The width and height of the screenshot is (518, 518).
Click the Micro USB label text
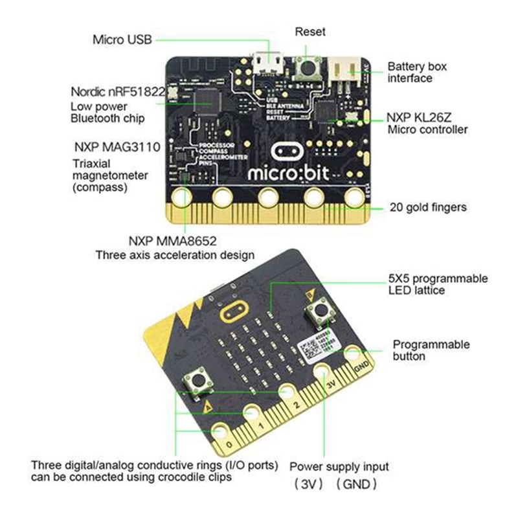click(x=122, y=39)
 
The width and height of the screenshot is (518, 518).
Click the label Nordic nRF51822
click(x=117, y=91)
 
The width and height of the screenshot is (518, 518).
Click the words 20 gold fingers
click(x=428, y=208)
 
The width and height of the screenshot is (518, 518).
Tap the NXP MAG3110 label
click(x=117, y=147)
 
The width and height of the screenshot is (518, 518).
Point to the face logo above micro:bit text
click(x=285, y=150)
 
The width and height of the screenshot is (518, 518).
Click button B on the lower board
click(x=320, y=313)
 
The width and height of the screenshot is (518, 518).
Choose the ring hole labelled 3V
click(x=322, y=371)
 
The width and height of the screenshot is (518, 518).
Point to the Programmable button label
click(x=431, y=350)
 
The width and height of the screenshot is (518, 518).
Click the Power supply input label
click(x=339, y=466)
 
